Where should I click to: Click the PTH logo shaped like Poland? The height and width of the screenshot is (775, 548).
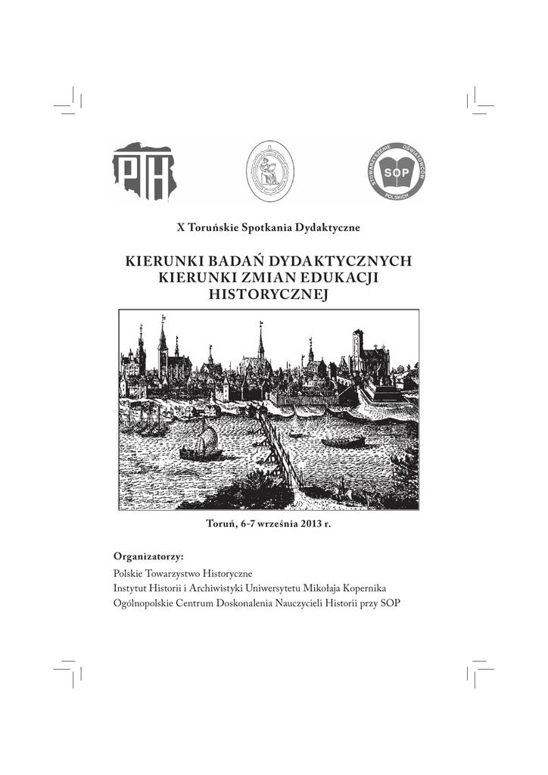145,173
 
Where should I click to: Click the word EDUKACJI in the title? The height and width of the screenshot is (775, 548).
346,278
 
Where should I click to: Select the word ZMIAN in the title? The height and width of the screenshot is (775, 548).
283,278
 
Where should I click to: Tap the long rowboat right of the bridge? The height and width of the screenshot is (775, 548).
344,441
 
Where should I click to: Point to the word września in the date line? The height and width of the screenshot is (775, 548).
278,524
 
